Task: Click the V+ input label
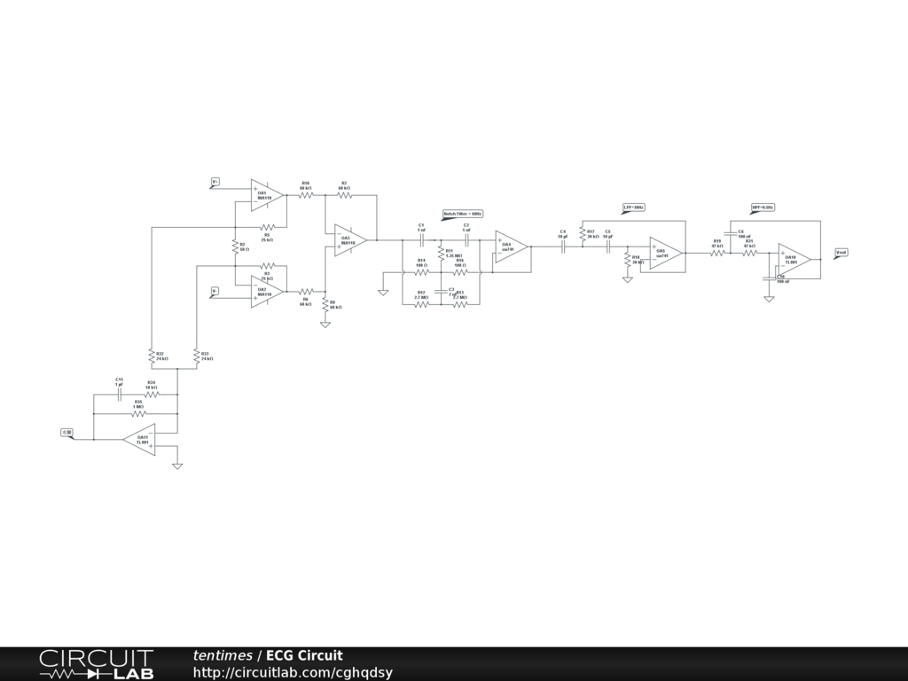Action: click(x=215, y=182)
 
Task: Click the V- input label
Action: click(x=215, y=290)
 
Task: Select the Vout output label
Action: click(x=841, y=253)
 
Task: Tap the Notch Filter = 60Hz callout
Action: click(x=462, y=214)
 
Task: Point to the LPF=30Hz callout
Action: click(x=633, y=207)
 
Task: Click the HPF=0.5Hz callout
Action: click(x=763, y=207)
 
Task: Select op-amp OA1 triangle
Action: click(x=267, y=194)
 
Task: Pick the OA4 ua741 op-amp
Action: click(x=511, y=247)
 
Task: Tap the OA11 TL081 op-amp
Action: click(x=140, y=439)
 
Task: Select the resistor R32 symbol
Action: click(x=153, y=355)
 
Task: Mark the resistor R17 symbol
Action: click(x=583, y=234)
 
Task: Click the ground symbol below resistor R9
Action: click(x=325, y=325)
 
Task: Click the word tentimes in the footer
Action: click(x=223, y=656)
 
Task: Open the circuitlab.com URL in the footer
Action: click(x=293, y=673)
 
